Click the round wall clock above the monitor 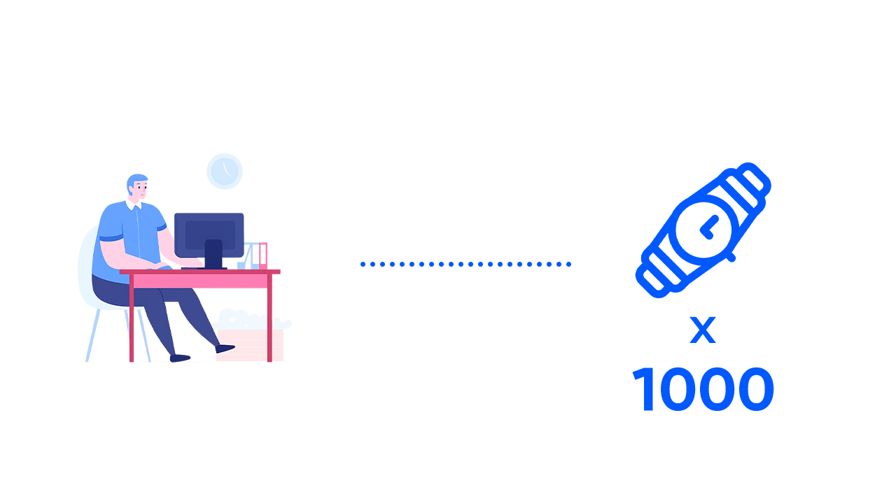coord(225,171)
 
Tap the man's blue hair coord(136,180)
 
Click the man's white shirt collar coord(133,205)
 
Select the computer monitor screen coord(209,233)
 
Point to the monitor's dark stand coord(213,253)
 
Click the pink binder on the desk coord(262,255)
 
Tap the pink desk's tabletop coord(200,272)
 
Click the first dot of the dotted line coord(363,265)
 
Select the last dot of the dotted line coord(568,265)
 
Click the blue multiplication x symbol coord(703,330)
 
